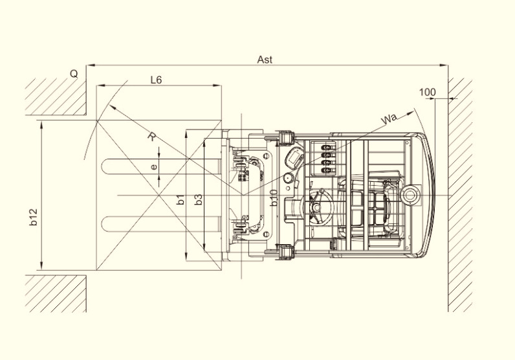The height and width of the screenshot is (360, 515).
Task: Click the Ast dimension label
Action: (x=265, y=60)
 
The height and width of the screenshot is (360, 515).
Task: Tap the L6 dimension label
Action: (x=157, y=80)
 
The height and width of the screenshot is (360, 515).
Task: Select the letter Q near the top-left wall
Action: (x=74, y=74)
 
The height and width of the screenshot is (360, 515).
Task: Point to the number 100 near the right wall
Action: (x=427, y=92)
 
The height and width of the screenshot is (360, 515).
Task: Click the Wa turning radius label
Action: (x=389, y=118)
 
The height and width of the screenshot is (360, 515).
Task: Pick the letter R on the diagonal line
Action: (x=151, y=137)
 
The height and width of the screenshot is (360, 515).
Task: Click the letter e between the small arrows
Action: (x=154, y=167)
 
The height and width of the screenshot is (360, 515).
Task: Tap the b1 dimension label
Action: (x=181, y=199)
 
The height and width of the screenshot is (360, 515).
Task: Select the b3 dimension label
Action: (x=199, y=199)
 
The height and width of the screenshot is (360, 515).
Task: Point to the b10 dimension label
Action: (x=274, y=198)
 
